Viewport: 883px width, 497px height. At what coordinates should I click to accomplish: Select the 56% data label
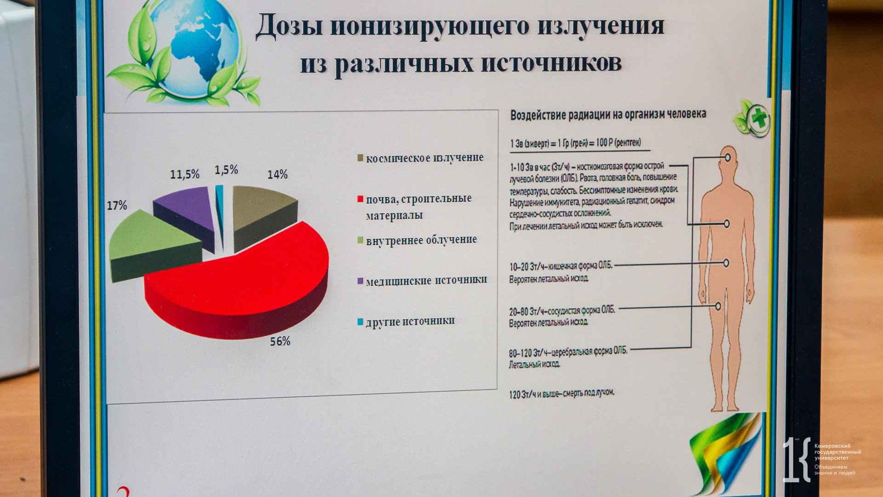[x=280, y=341]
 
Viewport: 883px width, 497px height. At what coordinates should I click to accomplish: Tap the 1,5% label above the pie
[x=226, y=170]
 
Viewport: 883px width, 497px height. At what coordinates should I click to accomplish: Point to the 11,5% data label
[x=185, y=174]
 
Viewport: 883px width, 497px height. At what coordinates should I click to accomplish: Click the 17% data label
[x=117, y=205]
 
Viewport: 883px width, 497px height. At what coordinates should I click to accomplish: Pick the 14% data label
[x=277, y=174]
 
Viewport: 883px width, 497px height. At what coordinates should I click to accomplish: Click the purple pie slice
[x=186, y=214]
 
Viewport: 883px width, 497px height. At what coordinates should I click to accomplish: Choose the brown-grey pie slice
[x=262, y=214]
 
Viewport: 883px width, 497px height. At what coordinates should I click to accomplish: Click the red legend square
[x=361, y=199]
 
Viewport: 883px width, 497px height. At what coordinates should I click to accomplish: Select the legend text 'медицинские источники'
[x=426, y=281]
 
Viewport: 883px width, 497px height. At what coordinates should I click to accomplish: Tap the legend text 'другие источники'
[x=410, y=321]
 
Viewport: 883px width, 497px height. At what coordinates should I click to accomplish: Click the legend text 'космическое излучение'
[x=424, y=158]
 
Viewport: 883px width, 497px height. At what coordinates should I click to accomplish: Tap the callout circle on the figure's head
[x=728, y=157]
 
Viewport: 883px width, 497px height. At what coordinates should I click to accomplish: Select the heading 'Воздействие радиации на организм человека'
[x=608, y=114]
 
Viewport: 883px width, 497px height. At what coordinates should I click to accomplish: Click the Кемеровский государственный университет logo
[x=821, y=459]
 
